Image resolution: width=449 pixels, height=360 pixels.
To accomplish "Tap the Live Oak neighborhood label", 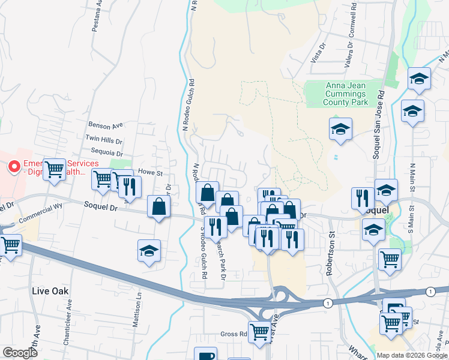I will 50,291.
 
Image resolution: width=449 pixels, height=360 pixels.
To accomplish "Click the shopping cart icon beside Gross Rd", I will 259,331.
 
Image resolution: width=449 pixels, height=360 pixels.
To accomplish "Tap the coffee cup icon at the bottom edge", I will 205,355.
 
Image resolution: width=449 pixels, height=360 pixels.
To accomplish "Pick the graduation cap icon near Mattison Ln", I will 149,251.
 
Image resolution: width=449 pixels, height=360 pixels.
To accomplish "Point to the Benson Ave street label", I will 106,125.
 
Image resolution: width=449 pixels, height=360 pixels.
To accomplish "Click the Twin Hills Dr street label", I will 104,139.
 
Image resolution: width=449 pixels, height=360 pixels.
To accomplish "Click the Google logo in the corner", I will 20,353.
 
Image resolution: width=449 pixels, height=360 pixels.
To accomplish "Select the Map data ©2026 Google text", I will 411,355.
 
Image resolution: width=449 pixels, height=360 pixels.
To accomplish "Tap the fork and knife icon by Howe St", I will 130,187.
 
